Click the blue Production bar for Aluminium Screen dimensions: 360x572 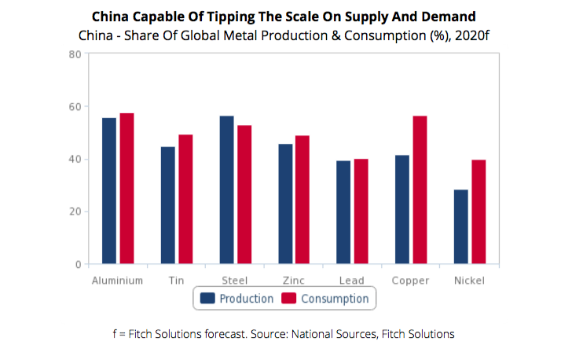(109, 191)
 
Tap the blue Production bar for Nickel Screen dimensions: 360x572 (461, 226)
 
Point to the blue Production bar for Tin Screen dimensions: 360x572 (167, 205)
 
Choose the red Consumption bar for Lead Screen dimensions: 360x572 (361, 211)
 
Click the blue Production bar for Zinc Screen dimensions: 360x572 (285, 204)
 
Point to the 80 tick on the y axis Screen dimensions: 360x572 (75, 54)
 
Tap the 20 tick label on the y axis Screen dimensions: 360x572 (75, 211)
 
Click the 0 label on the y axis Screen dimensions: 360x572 (79, 264)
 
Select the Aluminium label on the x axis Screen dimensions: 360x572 (117, 280)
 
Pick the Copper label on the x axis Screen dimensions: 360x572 (411, 280)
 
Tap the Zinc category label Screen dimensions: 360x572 (294, 280)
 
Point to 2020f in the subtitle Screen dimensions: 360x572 (481, 35)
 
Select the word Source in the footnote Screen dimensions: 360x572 (269, 334)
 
